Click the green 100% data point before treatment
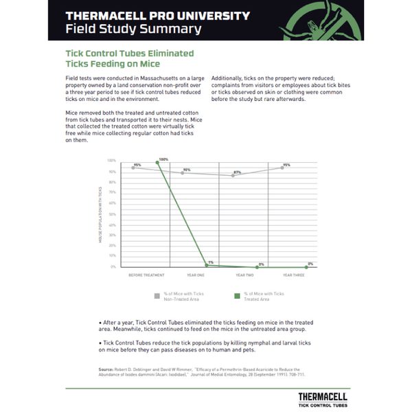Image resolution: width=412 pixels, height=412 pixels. [157, 162]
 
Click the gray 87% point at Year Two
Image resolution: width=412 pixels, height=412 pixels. [233, 175]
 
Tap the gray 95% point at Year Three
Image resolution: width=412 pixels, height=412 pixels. [282, 168]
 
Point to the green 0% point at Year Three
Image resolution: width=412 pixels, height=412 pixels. [306, 266]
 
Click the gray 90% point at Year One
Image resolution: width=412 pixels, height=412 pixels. [182, 172]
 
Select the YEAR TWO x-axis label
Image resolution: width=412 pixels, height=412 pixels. [245, 275]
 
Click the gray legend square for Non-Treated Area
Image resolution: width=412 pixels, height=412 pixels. [157, 296]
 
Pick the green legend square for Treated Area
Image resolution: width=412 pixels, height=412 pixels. [236, 296]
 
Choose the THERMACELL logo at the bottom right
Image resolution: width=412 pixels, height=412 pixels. [322, 399]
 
